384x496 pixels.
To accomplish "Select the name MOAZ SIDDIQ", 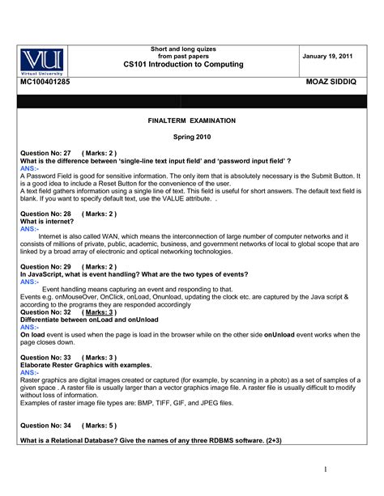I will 332,83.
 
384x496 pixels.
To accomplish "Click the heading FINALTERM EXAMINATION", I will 191,120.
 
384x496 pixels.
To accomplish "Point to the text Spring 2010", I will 191,137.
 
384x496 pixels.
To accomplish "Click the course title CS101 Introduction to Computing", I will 183,64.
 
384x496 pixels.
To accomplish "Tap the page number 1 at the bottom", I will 324,468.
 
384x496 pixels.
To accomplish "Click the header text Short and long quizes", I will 183,49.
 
